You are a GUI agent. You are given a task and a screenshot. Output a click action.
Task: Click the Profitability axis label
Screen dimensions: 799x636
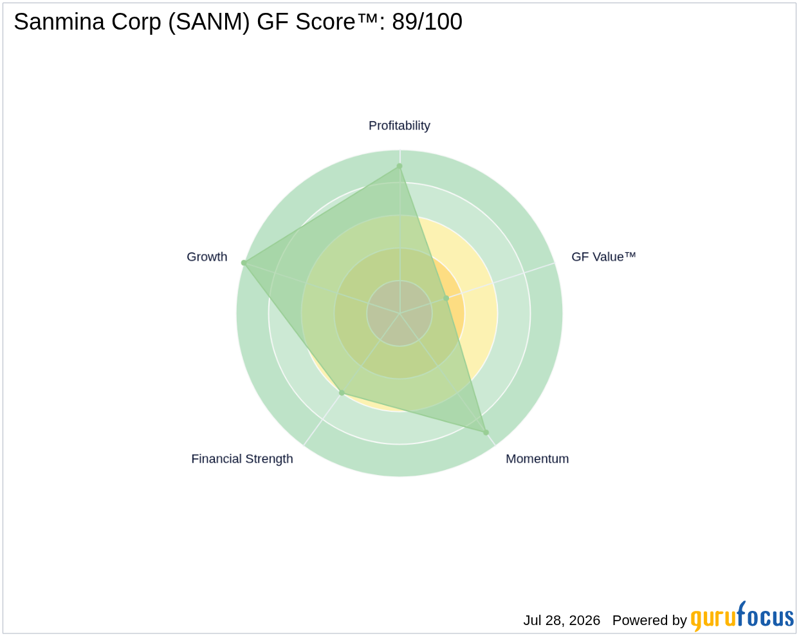click(x=399, y=126)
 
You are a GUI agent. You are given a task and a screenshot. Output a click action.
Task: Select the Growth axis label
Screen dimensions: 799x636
click(x=207, y=257)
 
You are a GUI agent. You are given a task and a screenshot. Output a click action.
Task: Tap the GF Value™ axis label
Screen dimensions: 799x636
click(x=603, y=257)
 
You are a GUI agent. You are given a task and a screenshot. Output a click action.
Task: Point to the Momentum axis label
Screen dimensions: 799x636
click(x=537, y=459)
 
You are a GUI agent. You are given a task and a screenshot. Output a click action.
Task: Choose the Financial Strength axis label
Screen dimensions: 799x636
click(x=242, y=459)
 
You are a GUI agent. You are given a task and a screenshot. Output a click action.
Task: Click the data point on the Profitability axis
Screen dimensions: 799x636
click(x=399, y=166)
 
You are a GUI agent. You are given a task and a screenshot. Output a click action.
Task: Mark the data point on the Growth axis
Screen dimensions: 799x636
click(x=244, y=263)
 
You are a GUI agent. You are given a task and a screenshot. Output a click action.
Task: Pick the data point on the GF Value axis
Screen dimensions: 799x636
click(x=446, y=298)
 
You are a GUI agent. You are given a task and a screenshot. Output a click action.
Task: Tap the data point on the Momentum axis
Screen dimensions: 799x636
click(x=486, y=433)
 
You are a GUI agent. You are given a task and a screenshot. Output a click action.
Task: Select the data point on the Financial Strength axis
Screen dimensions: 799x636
click(x=342, y=393)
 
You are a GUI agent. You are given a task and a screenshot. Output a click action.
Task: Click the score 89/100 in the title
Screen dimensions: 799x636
click(x=427, y=21)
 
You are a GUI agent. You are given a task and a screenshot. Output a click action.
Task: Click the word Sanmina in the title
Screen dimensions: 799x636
click(x=59, y=21)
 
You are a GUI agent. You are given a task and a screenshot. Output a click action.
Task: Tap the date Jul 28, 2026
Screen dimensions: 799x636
click(x=562, y=621)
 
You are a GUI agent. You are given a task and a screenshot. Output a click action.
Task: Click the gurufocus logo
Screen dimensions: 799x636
click(x=742, y=617)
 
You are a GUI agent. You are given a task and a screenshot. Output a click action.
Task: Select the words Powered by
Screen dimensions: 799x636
click(x=649, y=621)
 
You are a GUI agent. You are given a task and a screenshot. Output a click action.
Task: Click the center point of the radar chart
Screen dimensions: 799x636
click(x=399, y=313)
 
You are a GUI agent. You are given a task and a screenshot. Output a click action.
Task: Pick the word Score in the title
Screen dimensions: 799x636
click(x=326, y=21)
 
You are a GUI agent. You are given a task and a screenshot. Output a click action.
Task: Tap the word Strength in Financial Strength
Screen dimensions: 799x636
click(x=269, y=459)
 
